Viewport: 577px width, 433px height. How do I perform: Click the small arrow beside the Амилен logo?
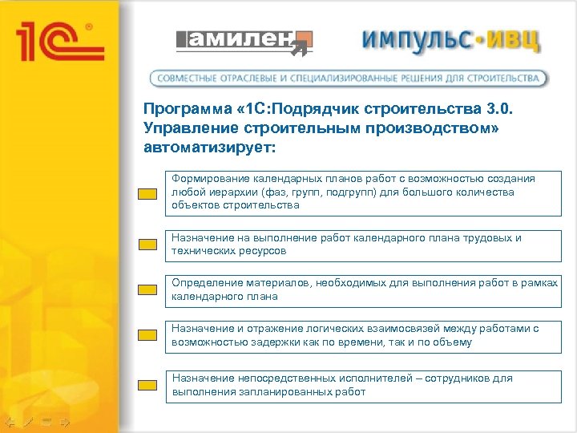point(301,51)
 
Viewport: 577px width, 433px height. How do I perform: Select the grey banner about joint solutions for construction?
point(349,79)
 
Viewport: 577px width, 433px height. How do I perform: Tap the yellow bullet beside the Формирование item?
point(146,194)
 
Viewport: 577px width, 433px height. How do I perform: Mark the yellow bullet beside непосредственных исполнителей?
point(146,386)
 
